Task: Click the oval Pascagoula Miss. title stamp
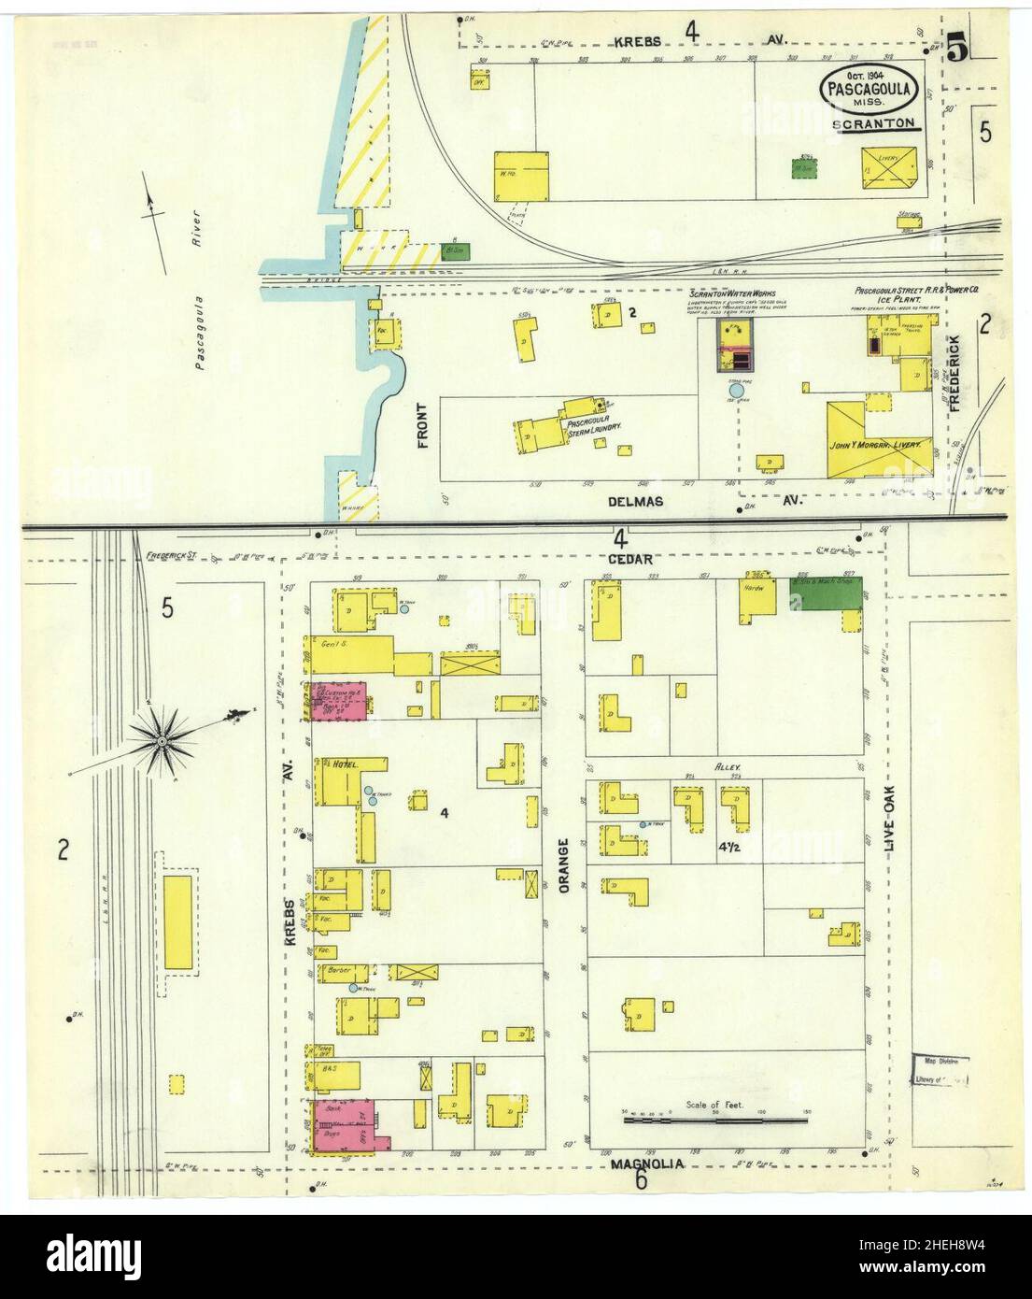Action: pos(872,89)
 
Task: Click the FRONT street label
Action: pos(422,425)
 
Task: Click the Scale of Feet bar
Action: pos(715,1119)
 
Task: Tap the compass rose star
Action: pos(162,741)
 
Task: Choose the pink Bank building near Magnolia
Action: pos(344,1126)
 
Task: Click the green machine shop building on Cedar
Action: pos(827,593)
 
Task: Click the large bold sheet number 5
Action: pos(956,47)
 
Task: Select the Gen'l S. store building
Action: pos(350,655)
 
